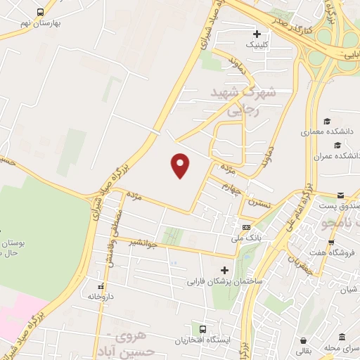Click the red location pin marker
click(x=181, y=165)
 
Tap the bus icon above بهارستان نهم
click(x=39, y=12)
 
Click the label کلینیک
click(x=256, y=44)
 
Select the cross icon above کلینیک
click(x=257, y=33)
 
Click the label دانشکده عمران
click(x=337, y=155)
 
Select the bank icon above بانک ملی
click(x=247, y=227)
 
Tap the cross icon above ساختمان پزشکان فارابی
click(x=225, y=270)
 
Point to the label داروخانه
click(x=101, y=297)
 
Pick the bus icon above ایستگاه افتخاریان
click(x=202, y=328)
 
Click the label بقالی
click(x=300, y=349)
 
